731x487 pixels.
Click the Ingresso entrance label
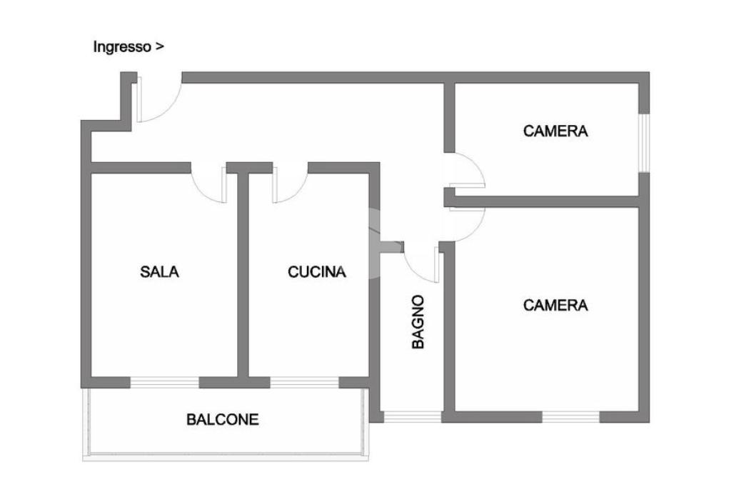pos(128,47)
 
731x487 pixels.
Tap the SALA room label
pos(160,271)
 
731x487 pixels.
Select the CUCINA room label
pos(317,271)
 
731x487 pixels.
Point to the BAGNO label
pos(418,322)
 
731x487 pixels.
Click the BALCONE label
pos(223,419)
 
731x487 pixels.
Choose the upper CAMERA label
pos(555,131)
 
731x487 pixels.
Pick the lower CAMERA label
pos(555,305)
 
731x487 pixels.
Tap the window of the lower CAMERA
pos(570,416)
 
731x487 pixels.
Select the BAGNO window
pos(413,416)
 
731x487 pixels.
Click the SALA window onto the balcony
pos(164,382)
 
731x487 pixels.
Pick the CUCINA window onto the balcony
pos(304,382)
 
